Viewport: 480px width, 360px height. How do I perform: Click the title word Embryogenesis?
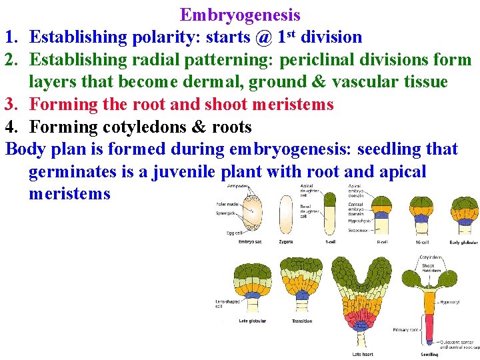tap(240, 15)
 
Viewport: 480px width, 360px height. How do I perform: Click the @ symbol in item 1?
tap(263, 37)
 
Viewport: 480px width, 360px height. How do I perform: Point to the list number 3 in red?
tap(11, 104)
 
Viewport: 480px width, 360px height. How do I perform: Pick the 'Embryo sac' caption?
tap(251, 241)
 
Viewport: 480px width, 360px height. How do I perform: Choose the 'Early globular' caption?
tap(463, 242)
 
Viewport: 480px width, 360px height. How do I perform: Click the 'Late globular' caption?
tap(253, 321)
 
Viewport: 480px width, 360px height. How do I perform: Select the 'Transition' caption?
tap(302, 321)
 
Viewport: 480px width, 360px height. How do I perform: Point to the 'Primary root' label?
tap(405, 329)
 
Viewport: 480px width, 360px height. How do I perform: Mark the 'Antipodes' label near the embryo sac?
tap(237, 185)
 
